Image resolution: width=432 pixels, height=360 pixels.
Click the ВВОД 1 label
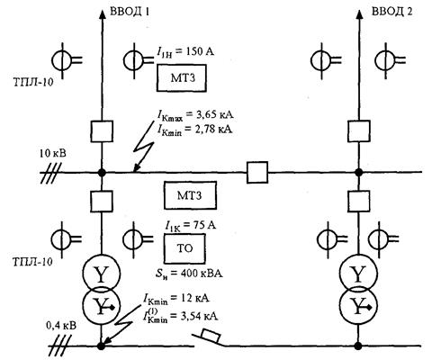click(130, 12)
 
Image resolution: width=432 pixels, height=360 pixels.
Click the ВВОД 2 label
click(392, 12)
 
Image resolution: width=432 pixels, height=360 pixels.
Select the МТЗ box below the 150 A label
click(182, 78)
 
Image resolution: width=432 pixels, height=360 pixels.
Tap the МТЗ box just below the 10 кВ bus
click(190, 195)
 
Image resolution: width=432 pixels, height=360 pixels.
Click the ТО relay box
click(184, 248)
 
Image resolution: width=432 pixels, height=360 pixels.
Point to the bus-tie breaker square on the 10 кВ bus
click(257, 172)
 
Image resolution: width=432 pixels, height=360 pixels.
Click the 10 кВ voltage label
click(53, 154)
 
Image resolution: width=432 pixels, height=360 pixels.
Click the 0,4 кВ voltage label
click(61, 326)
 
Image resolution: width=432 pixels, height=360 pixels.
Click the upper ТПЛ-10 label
click(33, 82)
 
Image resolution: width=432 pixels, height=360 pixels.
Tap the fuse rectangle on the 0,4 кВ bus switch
click(211, 336)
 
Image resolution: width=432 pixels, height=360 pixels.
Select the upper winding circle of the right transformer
click(358, 274)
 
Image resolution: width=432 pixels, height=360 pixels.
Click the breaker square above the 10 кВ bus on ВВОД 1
click(102, 131)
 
